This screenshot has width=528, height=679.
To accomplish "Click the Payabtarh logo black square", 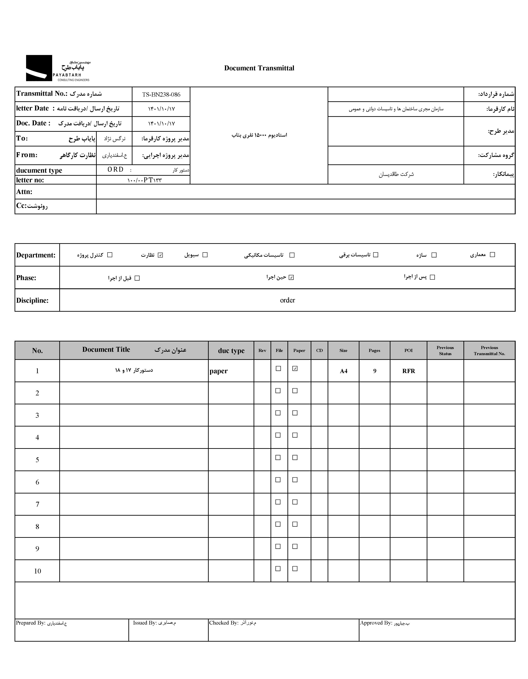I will (39, 68).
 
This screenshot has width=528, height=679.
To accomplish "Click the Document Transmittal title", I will (259, 68).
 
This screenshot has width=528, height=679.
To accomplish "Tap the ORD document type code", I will (116, 169).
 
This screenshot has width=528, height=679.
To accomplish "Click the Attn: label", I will (24, 191).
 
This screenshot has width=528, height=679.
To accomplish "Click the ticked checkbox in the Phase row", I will (291, 277).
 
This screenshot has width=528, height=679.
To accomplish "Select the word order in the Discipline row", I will (287, 300).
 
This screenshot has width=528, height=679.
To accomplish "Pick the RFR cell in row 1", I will (408, 371).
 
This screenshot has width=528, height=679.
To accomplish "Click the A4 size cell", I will (343, 371).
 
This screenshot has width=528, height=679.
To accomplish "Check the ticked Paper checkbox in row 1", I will (295, 368).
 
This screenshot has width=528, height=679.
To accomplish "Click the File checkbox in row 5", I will (278, 457).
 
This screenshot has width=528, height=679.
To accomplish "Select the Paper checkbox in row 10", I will (295, 569).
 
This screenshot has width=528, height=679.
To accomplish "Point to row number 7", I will (37, 504).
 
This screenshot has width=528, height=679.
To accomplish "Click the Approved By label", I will (376, 623).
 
